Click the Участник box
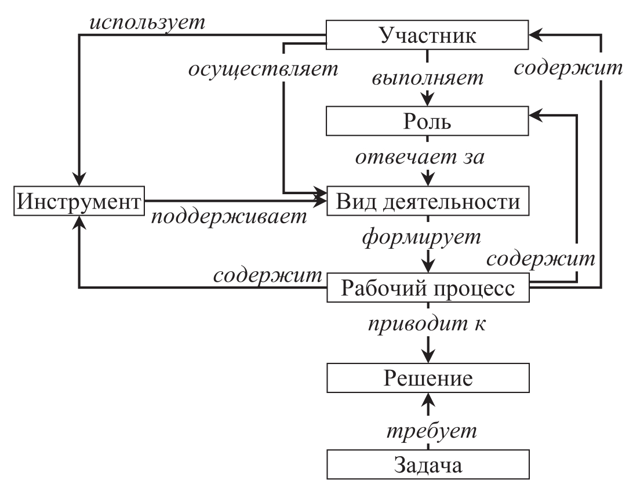(428, 35)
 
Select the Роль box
(428, 122)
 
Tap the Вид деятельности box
(428, 202)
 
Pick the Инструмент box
(79, 202)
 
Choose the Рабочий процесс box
(428, 288)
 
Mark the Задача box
(428, 465)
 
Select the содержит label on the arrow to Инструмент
(267, 274)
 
